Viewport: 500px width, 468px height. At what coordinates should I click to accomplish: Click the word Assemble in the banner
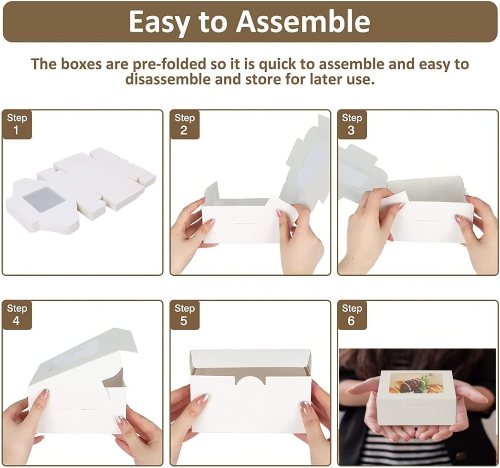[302, 22]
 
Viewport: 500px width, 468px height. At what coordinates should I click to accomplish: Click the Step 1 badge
[17, 124]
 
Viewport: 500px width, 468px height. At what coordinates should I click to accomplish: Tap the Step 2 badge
[184, 124]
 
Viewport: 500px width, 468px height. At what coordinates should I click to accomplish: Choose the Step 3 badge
[352, 124]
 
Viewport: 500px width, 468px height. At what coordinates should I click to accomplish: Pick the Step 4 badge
[17, 315]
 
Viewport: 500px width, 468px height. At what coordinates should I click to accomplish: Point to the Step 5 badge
[184, 315]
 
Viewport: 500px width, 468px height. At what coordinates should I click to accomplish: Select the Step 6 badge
[352, 315]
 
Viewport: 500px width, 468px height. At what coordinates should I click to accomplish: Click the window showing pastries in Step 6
[417, 383]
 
